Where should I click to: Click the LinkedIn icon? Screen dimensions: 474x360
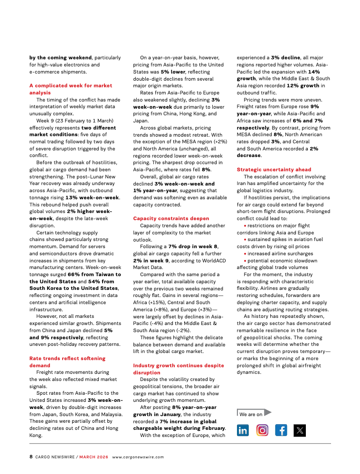243,430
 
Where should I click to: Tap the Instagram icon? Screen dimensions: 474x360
262,430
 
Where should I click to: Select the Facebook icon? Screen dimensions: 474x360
281,430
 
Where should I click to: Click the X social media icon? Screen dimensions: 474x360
300,430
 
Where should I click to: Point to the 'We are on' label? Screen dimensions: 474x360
251,414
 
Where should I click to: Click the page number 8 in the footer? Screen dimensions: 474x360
31,457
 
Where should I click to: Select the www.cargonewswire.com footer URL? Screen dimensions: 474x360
138,457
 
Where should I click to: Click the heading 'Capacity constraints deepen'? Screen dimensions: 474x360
164,218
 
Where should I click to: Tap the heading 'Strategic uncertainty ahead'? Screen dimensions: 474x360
274,169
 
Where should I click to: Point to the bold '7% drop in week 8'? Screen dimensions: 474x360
193,247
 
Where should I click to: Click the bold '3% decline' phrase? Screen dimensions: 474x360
285,57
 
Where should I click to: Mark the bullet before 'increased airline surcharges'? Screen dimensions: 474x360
245,254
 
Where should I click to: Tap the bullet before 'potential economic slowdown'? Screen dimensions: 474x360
245,260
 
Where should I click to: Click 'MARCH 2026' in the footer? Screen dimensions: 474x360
95,457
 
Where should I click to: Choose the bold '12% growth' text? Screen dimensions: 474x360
302,85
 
